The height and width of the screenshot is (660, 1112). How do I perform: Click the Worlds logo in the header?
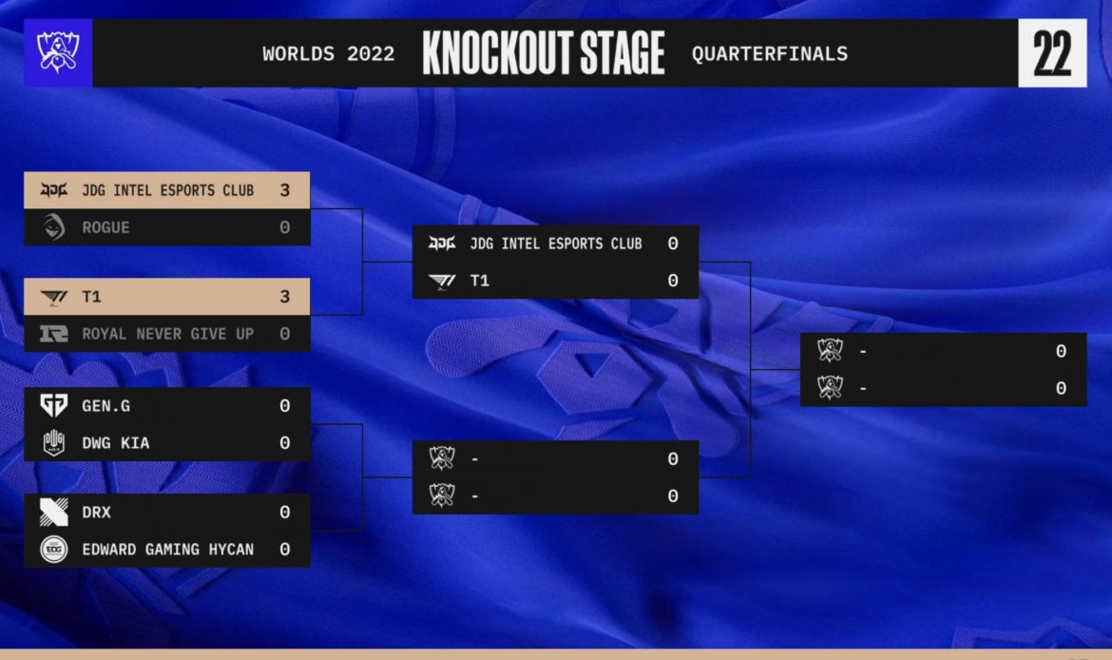(x=58, y=52)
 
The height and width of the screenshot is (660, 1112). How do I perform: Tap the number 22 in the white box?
(x=1052, y=53)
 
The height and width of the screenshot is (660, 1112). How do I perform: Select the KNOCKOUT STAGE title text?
(x=544, y=53)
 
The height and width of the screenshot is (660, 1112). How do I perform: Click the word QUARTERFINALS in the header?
(x=770, y=54)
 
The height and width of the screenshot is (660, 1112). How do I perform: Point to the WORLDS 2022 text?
(x=328, y=54)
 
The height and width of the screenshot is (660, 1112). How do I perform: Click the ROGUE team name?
(x=105, y=228)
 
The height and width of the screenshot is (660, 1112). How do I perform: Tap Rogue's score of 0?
(x=284, y=228)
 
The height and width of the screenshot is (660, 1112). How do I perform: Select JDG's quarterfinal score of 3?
(x=284, y=190)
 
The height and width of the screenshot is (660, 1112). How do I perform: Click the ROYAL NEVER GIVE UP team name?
(x=167, y=334)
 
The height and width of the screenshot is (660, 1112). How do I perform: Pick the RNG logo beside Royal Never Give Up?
(x=54, y=334)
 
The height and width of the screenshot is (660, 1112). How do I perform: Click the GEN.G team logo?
(x=54, y=405)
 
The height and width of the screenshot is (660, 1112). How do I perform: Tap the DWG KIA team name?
(x=116, y=443)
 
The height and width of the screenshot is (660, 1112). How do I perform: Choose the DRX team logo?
(x=54, y=512)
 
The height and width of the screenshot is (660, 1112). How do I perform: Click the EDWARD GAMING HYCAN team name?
(x=167, y=550)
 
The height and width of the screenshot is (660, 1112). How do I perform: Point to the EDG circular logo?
(x=54, y=550)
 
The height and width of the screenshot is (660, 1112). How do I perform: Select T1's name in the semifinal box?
(x=479, y=281)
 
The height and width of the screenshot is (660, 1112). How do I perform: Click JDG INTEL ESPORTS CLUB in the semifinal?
(x=555, y=244)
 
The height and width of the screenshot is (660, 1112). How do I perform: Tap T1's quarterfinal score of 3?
(x=284, y=297)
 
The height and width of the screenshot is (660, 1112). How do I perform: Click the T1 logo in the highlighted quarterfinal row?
(x=54, y=298)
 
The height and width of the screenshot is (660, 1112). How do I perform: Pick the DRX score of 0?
(x=284, y=513)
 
